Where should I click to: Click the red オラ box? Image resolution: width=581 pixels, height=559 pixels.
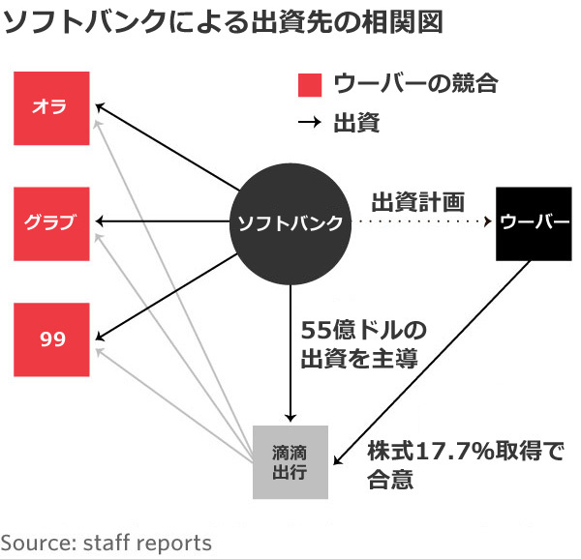click(x=52, y=107)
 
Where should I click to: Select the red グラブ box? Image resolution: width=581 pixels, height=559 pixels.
click(x=52, y=223)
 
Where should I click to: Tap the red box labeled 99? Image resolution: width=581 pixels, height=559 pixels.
click(x=52, y=338)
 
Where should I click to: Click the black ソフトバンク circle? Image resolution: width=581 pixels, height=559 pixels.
click(x=290, y=223)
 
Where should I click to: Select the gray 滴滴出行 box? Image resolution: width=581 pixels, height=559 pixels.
click(x=290, y=461)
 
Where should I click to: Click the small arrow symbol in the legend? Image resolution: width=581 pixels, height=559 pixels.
click(x=309, y=123)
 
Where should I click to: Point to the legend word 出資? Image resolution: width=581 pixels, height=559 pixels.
click(x=354, y=123)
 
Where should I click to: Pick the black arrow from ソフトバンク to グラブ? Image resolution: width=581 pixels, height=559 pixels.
click(x=165, y=223)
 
